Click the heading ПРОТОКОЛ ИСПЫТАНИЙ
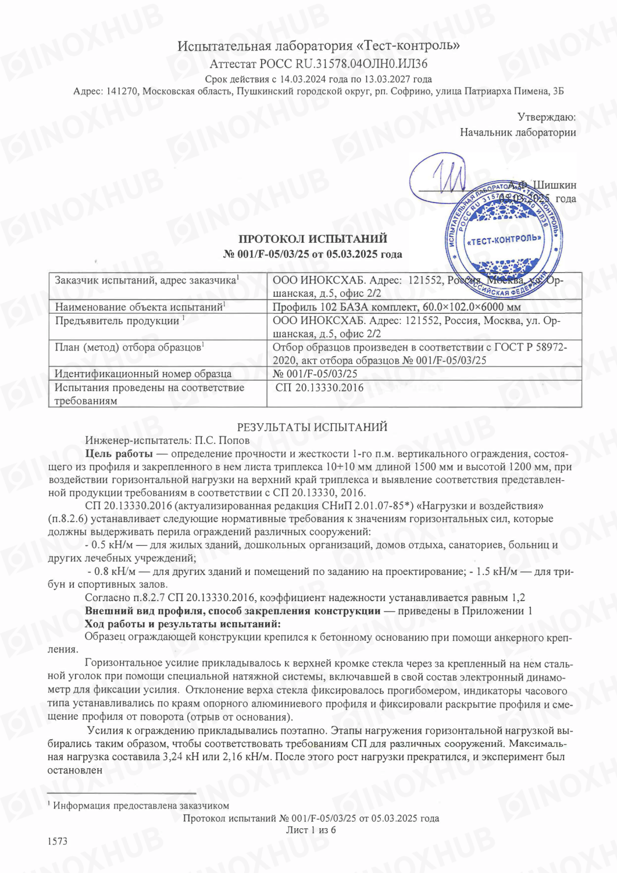[312, 239]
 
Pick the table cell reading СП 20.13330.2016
[319, 388]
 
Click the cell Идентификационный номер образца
[143, 374]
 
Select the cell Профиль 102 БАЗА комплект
[397, 307]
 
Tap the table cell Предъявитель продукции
[117, 321]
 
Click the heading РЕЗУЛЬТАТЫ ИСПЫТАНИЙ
[312, 427]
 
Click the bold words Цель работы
[119, 454]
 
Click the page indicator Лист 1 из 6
[311, 830]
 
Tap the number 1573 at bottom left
[58, 841]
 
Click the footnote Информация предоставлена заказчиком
[141, 806]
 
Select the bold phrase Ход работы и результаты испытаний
[183, 624]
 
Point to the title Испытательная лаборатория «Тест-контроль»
[318, 45]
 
